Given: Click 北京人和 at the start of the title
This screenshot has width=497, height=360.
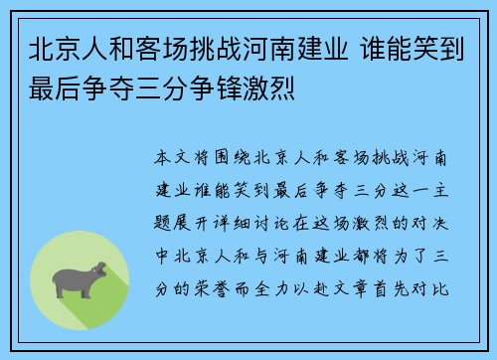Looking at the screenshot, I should tap(82, 50).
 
